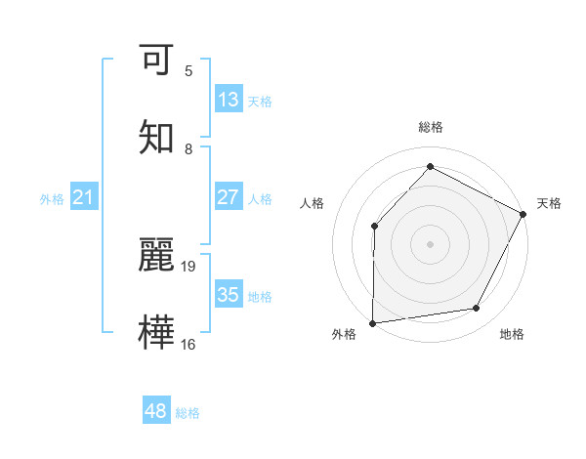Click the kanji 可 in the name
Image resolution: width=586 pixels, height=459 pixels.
pos(158,61)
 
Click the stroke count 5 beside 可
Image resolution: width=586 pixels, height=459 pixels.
pos(188,70)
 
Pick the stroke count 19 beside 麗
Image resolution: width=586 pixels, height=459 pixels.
pos(188,266)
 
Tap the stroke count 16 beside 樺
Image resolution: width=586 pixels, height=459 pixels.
pos(188,344)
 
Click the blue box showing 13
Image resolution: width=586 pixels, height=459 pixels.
pos(228,100)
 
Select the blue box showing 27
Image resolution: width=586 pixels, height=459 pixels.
pos(228,197)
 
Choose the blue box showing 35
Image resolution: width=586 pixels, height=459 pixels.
pos(228,295)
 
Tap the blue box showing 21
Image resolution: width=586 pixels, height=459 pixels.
pos(84,198)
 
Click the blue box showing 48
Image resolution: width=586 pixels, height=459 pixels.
pos(156,411)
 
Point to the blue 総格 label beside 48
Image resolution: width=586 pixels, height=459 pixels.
pos(188,413)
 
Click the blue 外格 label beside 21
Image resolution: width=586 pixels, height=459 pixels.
pos(52,199)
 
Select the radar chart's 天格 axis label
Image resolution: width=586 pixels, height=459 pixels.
pos(549,203)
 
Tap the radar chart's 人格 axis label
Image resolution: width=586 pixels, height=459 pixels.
pos(312,203)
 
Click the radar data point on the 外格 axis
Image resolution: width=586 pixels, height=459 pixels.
pos(372,322)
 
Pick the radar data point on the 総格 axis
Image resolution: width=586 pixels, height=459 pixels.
pos(430,166)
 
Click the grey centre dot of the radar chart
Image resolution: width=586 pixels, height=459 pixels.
pos(430,243)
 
